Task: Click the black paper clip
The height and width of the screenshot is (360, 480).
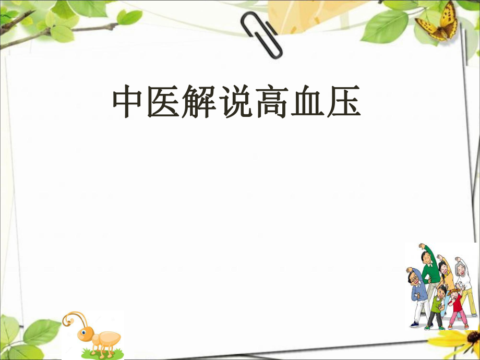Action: point(263,34)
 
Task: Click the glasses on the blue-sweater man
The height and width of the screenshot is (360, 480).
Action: point(413,279)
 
